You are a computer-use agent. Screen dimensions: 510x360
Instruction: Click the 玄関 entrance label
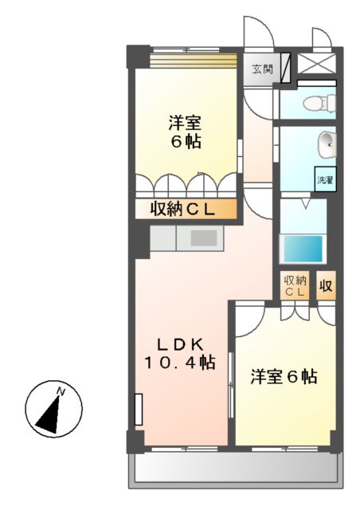tap(262, 69)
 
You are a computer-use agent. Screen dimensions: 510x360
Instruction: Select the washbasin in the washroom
tap(327, 147)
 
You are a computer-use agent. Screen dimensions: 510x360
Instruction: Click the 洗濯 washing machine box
tap(325, 179)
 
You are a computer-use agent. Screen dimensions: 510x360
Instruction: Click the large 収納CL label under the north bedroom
tap(185, 210)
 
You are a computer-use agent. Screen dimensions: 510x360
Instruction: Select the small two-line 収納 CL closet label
tap(295, 286)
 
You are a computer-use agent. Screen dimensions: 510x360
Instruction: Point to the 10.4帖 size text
tap(179, 363)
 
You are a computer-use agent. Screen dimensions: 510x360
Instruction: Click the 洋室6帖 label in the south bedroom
tap(284, 377)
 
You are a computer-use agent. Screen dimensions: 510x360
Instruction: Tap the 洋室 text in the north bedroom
tap(184, 124)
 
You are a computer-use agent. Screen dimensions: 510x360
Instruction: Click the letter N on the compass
tap(60, 391)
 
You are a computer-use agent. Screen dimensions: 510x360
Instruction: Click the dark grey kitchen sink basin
tap(204, 238)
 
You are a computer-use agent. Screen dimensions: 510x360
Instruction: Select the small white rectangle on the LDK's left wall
tap(139, 410)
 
